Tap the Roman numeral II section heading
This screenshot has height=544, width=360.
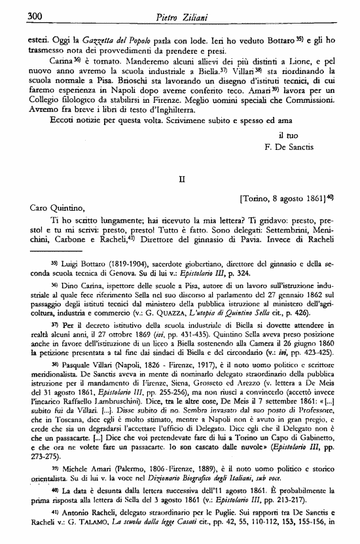(x=183, y=177)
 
